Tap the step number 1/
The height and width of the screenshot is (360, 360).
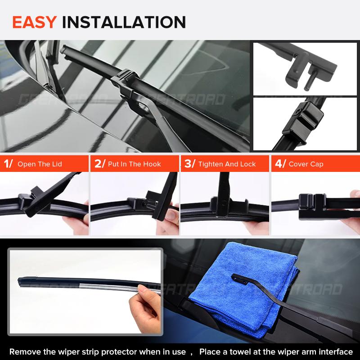point(8,164)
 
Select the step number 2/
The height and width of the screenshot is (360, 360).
point(99,164)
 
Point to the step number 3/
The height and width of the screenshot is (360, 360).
point(189,164)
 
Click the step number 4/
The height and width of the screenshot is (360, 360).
point(280,164)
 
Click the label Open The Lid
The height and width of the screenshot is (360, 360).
point(40,164)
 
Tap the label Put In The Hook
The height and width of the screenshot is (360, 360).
point(134,164)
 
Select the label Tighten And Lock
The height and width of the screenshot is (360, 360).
point(227,164)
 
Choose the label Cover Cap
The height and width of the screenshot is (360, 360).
point(306,164)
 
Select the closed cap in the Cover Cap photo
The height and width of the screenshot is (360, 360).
point(312,202)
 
